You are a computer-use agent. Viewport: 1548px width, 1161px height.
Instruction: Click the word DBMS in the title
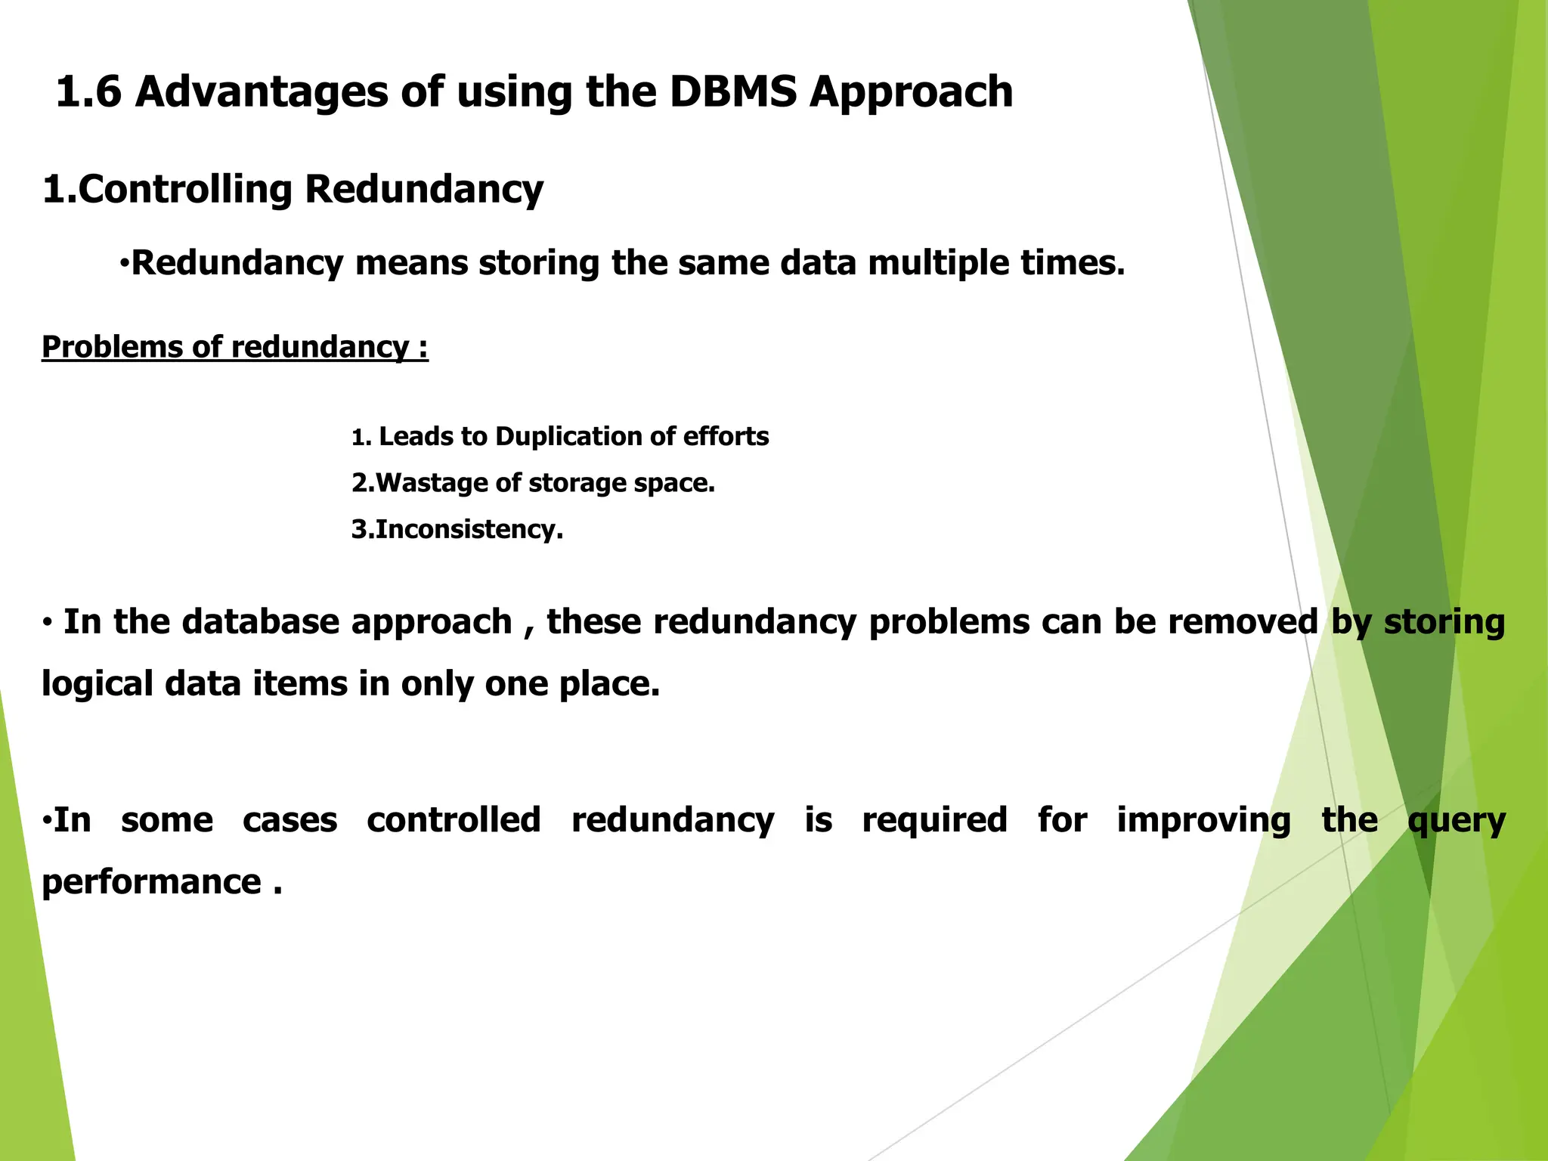pos(732,92)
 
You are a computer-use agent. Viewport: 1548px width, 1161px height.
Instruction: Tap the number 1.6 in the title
pos(88,92)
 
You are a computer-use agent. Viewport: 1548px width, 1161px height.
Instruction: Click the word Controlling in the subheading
pos(184,189)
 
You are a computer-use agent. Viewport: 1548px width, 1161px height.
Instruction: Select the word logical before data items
pos(97,684)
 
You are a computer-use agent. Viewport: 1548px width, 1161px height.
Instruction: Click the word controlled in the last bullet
pos(454,820)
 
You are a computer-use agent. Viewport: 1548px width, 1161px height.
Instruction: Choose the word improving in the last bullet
pos(1203,820)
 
